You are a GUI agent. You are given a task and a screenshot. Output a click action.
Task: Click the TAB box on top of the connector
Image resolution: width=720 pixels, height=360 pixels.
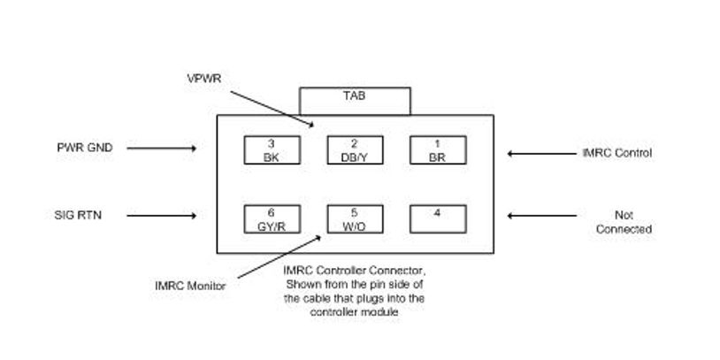point(355,100)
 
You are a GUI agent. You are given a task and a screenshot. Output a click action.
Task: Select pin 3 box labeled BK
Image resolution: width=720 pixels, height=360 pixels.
point(272,149)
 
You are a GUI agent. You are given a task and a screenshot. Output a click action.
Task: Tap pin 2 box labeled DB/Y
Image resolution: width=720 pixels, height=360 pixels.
point(355,149)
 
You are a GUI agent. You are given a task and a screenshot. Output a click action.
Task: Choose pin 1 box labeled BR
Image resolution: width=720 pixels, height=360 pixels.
point(437,149)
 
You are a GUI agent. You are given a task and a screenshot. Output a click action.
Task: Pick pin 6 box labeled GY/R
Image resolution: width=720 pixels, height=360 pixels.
point(272,218)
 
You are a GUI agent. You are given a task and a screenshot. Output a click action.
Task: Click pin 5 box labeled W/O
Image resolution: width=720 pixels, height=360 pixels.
point(355,218)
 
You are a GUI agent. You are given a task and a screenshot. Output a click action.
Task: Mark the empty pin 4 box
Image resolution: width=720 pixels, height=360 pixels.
point(437,218)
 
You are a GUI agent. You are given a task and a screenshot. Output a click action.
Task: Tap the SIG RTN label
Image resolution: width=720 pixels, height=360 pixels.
point(78,214)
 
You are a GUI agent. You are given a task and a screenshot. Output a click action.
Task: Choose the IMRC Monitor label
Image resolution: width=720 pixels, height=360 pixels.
point(189,285)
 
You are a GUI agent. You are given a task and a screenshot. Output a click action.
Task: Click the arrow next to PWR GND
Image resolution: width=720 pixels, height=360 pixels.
point(162,149)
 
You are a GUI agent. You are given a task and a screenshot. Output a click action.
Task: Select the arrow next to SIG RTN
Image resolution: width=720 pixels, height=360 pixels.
point(162,215)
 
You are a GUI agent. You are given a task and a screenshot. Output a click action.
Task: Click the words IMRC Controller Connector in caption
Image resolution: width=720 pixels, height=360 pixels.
point(341,270)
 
